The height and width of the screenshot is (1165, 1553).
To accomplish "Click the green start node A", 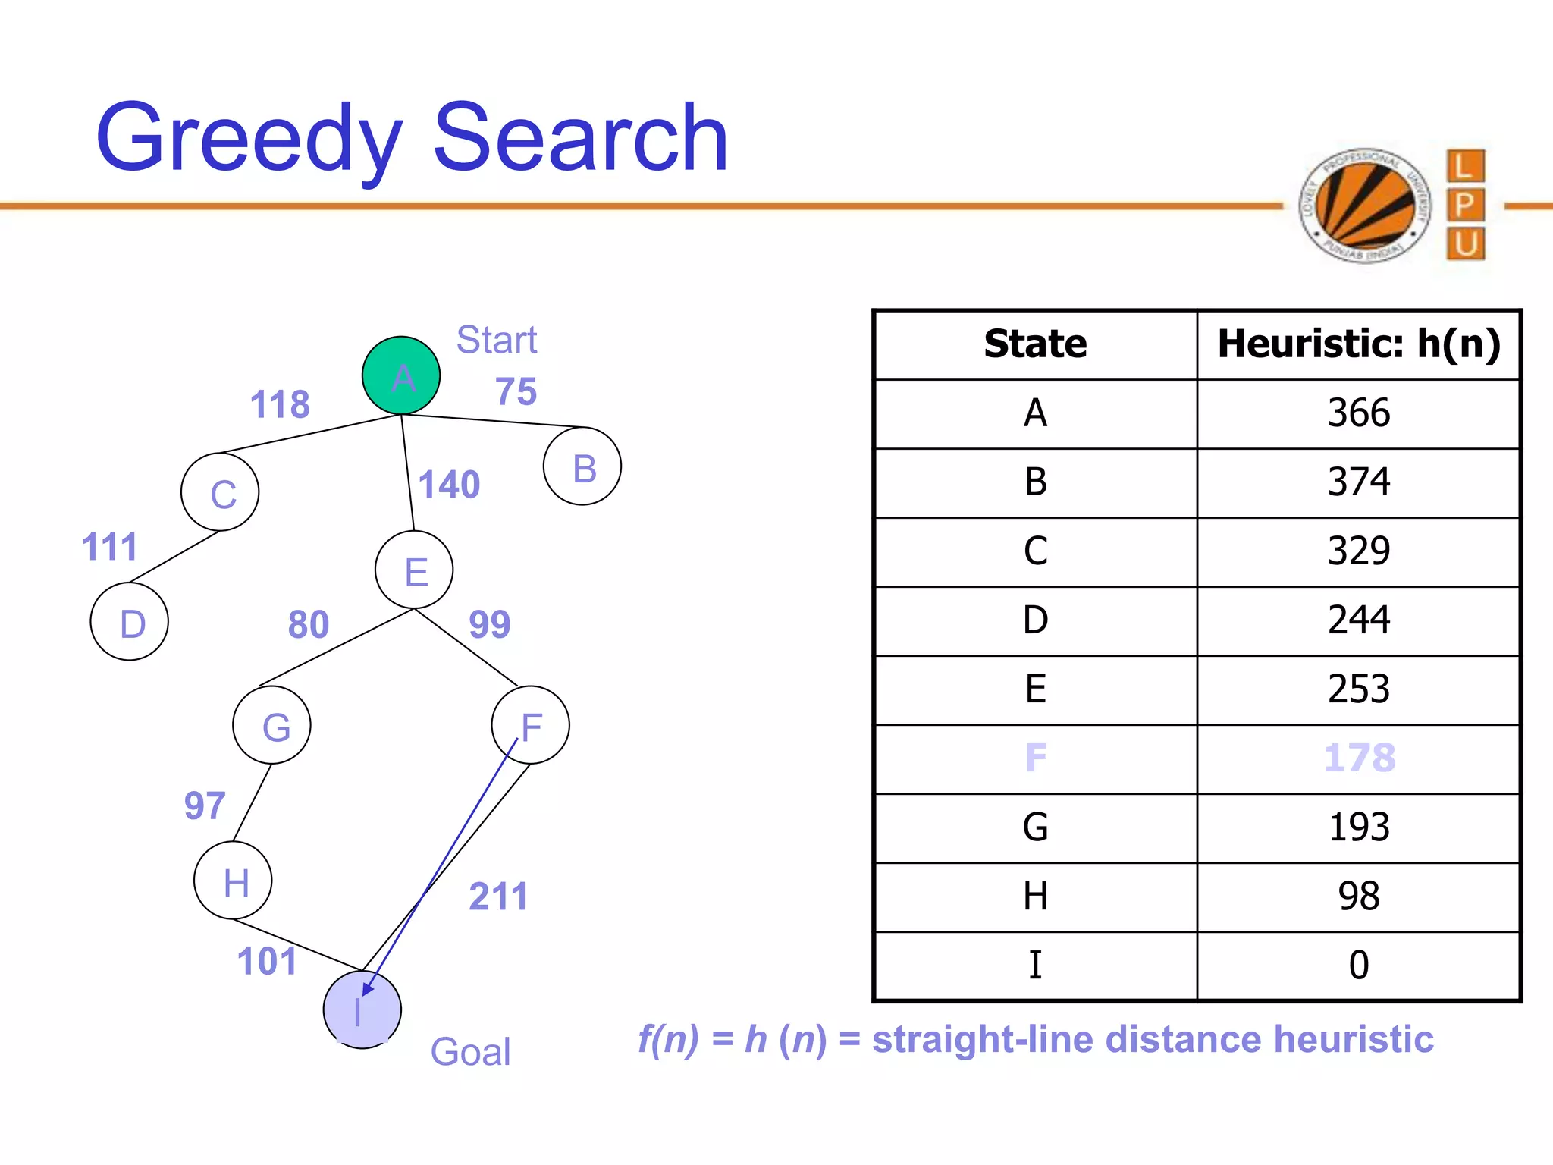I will click(401, 375).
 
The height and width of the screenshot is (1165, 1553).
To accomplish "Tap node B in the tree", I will click(582, 466).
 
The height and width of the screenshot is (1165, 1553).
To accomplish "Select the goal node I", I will click(362, 1010).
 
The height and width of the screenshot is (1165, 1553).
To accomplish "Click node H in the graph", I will click(233, 881).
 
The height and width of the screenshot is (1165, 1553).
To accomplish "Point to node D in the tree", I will click(130, 622).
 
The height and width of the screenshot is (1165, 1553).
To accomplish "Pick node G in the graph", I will click(271, 725).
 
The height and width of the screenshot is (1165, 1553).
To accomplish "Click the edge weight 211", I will click(497, 897).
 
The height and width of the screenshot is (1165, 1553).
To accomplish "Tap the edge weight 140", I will click(449, 485).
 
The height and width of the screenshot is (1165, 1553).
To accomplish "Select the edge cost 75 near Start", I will click(516, 392).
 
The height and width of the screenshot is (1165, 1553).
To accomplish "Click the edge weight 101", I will click(267, 961).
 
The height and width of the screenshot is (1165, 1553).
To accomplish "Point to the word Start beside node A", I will click(496, 340).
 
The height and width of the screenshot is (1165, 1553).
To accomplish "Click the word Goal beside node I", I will click(470, 1052).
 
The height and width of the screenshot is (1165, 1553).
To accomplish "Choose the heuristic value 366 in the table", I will click(1358, 413).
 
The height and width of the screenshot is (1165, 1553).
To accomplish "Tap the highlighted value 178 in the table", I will click(1358, 758).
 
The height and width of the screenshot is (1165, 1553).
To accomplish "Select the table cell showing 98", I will click(1358, 897).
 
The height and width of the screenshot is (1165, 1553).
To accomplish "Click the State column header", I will click(1035, 344).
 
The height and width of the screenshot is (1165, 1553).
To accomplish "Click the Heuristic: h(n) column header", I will click(1358, 344).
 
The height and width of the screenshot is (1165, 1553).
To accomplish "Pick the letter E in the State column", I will click(1035, 689).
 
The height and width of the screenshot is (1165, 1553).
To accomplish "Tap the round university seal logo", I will click(1364, 206).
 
